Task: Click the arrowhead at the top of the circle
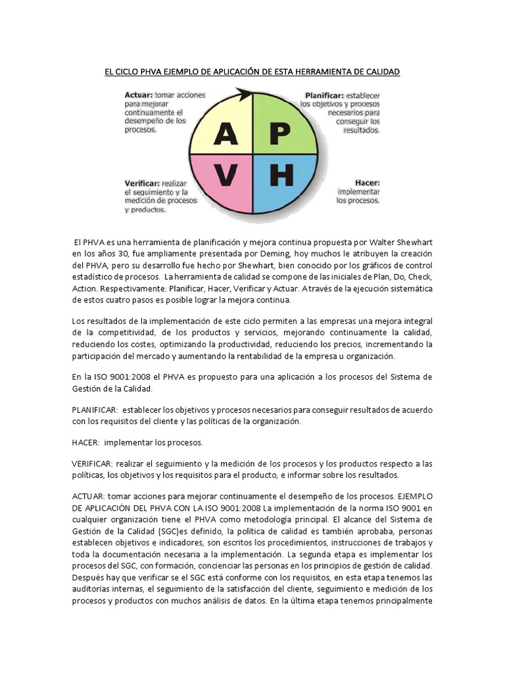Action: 247,96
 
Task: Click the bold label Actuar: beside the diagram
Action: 139,95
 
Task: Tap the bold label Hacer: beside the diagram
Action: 368,182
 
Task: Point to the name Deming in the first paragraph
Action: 272,254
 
